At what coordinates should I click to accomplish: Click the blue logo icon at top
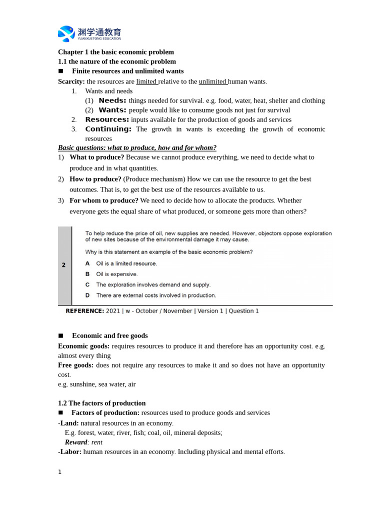(x=66, y=33)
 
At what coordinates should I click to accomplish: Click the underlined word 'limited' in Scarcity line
(x=146, y=81)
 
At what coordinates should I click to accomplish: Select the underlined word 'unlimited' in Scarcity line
(x=212, y=81)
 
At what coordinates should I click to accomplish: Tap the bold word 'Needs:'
(x=112, y=100)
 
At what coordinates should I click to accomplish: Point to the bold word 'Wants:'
(x=112, y=110)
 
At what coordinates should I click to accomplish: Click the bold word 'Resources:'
(x=107, y=119)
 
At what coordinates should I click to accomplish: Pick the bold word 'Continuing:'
(x=108, y=129)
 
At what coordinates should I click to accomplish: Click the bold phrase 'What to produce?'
(x=97, y=157)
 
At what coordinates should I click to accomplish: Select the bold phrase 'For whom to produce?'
(x=104, y=200)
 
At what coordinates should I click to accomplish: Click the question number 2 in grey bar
(x=64, y=265)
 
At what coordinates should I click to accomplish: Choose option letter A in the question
(x=87, y=263)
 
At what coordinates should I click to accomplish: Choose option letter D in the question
(x=87, y=295)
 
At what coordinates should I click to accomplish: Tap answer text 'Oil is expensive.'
(x=116, y=274)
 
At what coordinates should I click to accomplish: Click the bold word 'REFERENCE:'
(x=85, y=311)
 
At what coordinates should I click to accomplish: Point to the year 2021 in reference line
(x=113, y=311)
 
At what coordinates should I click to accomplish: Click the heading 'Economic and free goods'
(x=110, y=335)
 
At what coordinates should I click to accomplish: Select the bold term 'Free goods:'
(x=75, y=365)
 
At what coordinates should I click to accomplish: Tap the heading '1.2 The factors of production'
(x=102, y=403)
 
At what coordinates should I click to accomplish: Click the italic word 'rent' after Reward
(x=97, y=442)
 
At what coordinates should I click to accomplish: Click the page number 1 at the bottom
(x=59, y=472)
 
